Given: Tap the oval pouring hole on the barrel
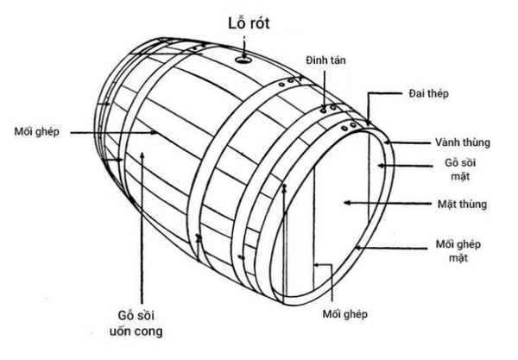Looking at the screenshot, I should click(244, 60).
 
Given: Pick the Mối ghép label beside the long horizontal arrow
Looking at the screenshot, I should click(35, 131).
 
